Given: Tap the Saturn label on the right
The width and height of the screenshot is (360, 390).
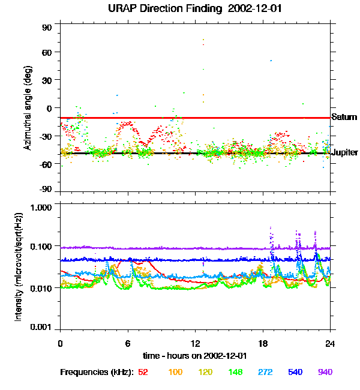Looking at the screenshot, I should (344, 118).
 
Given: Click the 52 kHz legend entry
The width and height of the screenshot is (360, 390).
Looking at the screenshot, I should (143, 372).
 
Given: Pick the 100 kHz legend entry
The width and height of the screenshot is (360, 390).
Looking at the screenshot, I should (175, 372).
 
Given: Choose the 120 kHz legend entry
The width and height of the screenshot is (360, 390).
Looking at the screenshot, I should (206, 372).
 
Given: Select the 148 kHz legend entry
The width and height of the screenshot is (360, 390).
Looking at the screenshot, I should (236, 372).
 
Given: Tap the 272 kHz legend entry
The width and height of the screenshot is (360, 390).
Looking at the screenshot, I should (265, 372).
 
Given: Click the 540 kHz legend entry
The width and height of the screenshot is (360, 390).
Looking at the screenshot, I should (295, 372).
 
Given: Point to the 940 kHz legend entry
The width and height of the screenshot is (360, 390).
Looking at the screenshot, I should (325, 372).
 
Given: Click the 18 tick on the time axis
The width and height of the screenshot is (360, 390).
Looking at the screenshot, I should (263, 343).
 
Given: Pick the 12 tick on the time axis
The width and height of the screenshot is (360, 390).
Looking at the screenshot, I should (195, 343).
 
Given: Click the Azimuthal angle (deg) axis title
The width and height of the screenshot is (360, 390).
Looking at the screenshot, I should (28, 109).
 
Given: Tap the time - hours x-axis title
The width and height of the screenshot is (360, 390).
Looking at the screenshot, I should (195, 356).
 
